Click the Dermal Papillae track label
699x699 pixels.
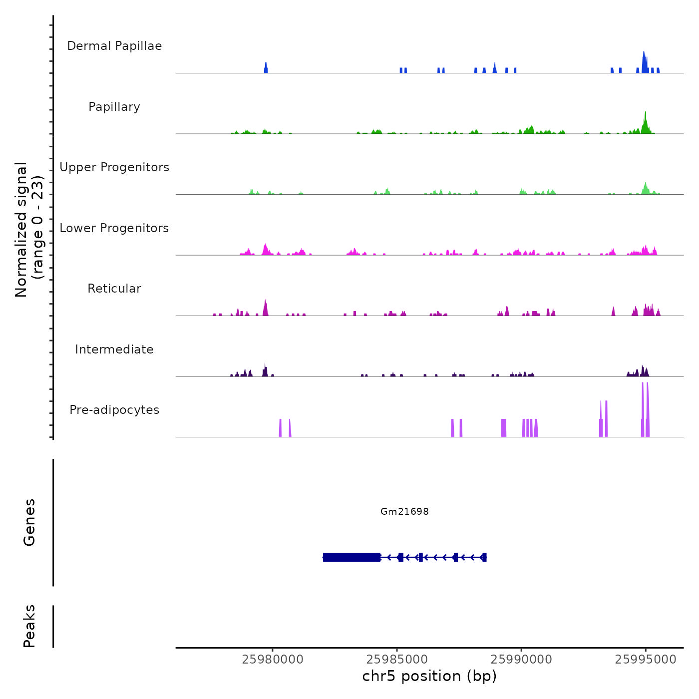coord(114,46)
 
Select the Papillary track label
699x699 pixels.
coord(114,107)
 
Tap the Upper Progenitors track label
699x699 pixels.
coord(114,167)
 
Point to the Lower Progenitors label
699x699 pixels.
coord(114,228)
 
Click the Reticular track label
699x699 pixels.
coord(114,289)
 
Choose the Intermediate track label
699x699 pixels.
coord(114,349)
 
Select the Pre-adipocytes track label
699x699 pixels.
coord(114,410)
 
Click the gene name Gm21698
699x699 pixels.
coord(404,511)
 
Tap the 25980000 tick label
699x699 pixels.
coord(273,660)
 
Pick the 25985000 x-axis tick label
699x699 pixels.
coord(397,660)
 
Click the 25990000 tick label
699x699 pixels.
coord(521,660)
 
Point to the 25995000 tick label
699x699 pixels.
coord(646,660)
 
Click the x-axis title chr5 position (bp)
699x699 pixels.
coord(429,677)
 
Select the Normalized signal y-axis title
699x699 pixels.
coord(29,229)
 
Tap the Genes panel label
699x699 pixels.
coord(29,522)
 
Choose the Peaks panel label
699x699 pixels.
coord(29,626)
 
